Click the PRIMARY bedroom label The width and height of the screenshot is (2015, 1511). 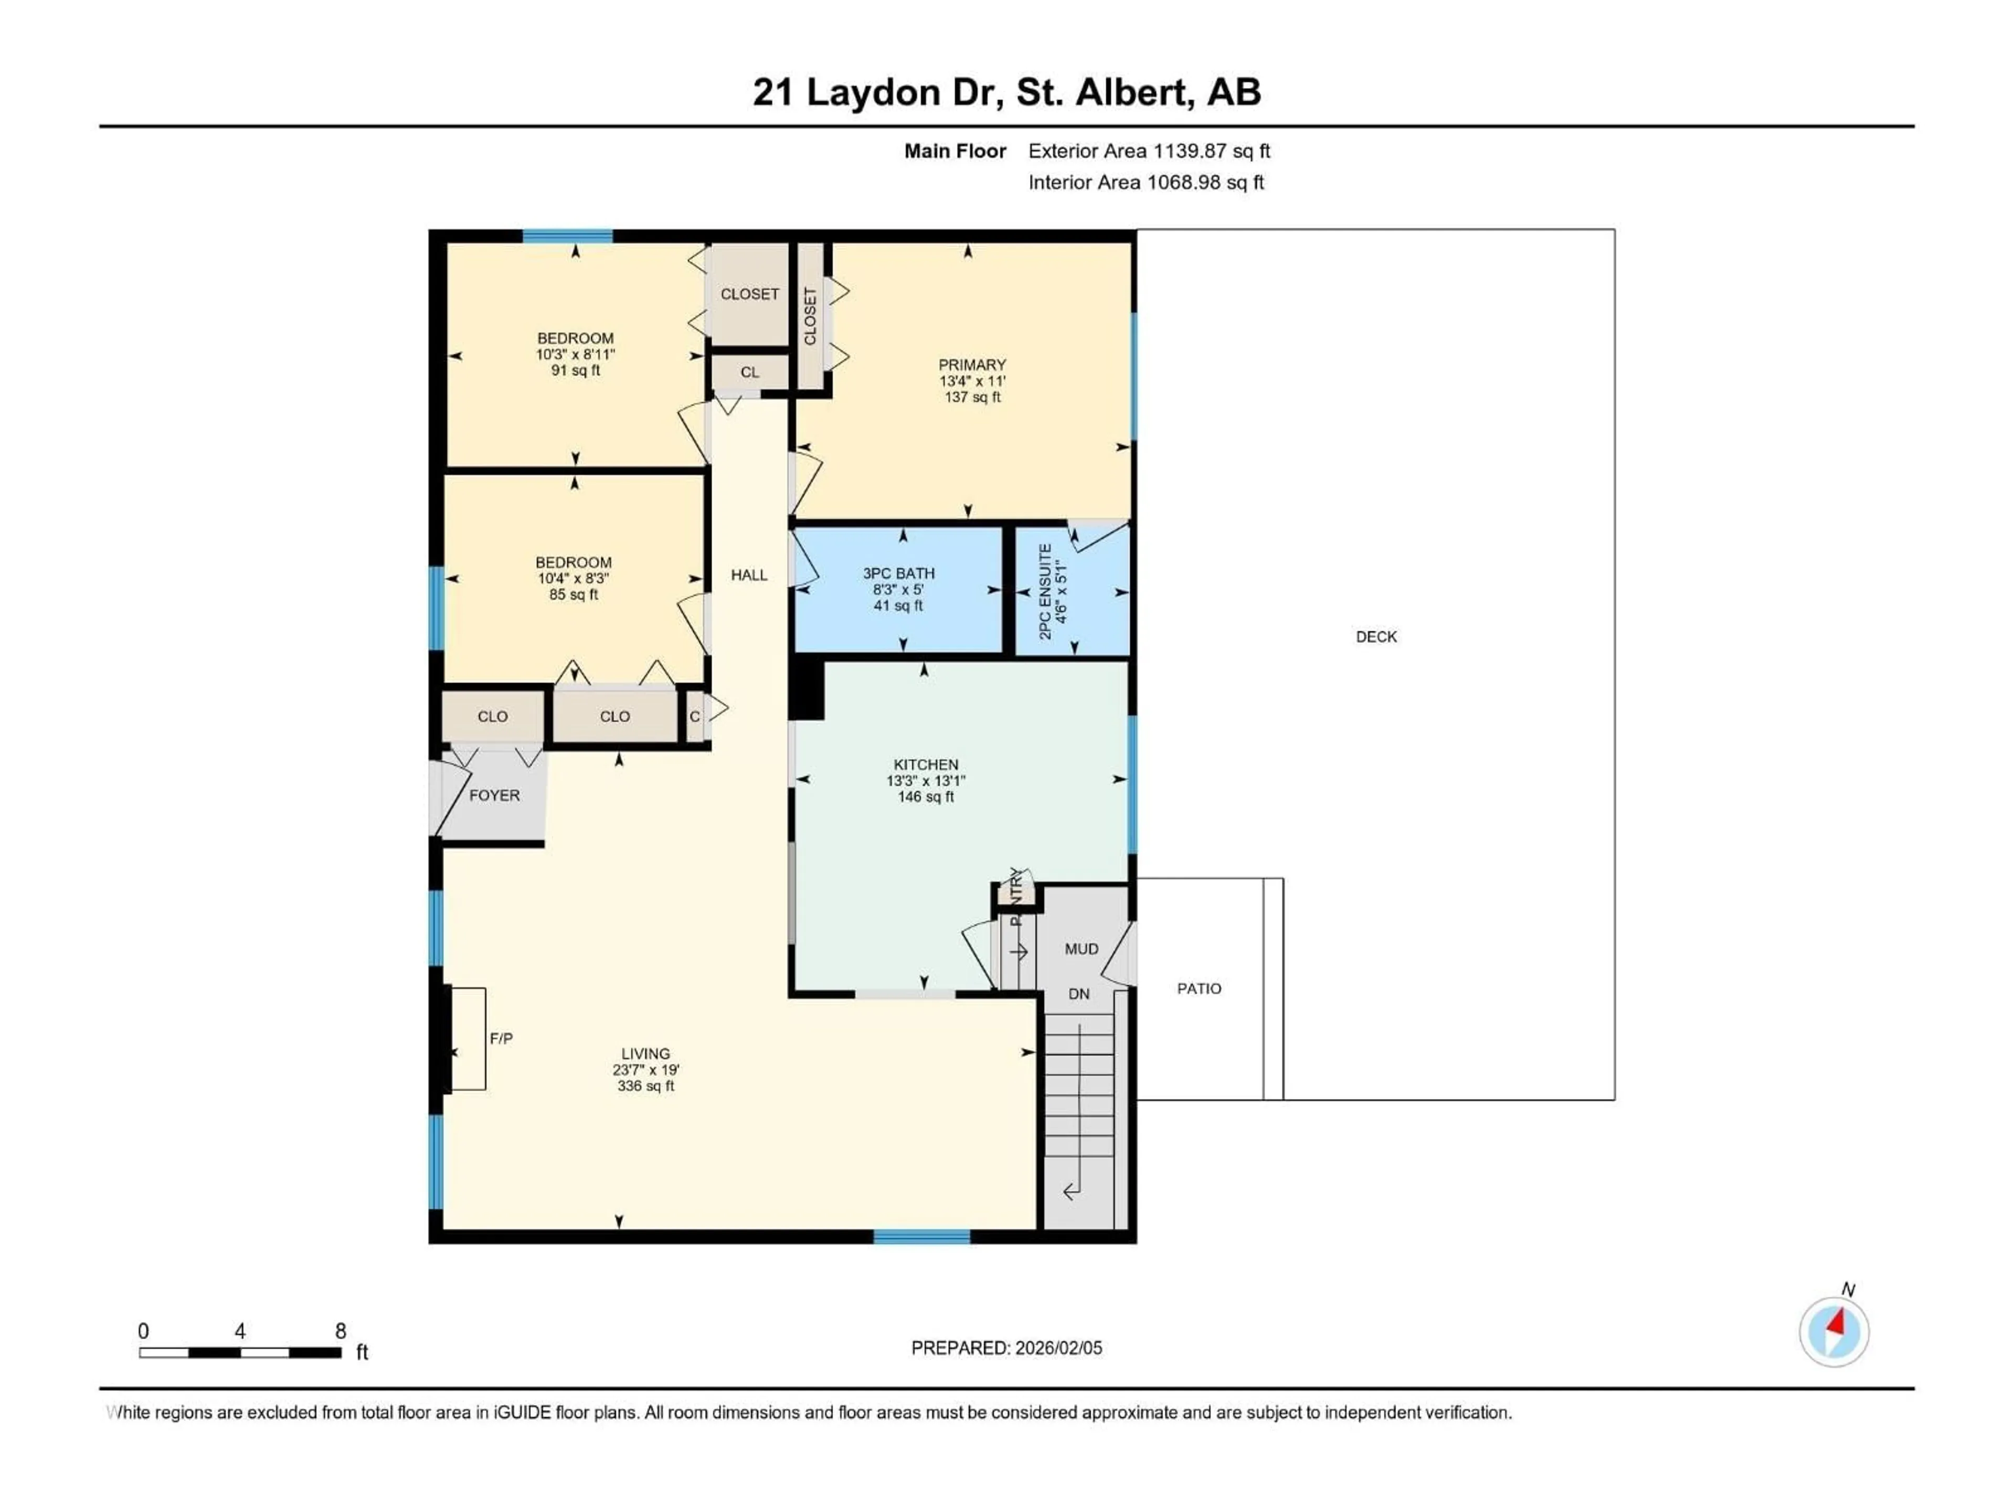pyautogui.click(x=972, y=364)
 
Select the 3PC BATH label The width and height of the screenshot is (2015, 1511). pyautogui.click(x=898, y=573)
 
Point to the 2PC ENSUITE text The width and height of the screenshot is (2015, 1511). pyautogui.click(x=1046, y=591)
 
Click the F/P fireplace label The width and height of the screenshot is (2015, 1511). pyautogui.click(x=501, y=1038)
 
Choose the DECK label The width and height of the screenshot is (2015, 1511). pyautogui.click(x=1375, y=636)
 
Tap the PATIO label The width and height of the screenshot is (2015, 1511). pyautogui.click(x=1199, y=988)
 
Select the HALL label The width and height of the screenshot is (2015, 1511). pyautogui.click(x=749, y=574)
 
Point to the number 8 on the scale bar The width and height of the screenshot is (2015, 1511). pyautogui.click(x=341, y=1331)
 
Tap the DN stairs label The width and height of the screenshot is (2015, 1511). pyautogui.click(x=1078, y=994)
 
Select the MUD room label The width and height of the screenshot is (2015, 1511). pyautogui.click(x=1081, y=948)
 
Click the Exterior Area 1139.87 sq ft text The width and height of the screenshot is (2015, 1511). pyautogui.click(x=1149, y=151)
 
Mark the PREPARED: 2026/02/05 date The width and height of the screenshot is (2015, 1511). pyautogui.click(x=1006, y=1348)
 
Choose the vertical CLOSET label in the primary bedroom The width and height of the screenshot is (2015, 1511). pyautogui.click(x=810, y=316)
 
